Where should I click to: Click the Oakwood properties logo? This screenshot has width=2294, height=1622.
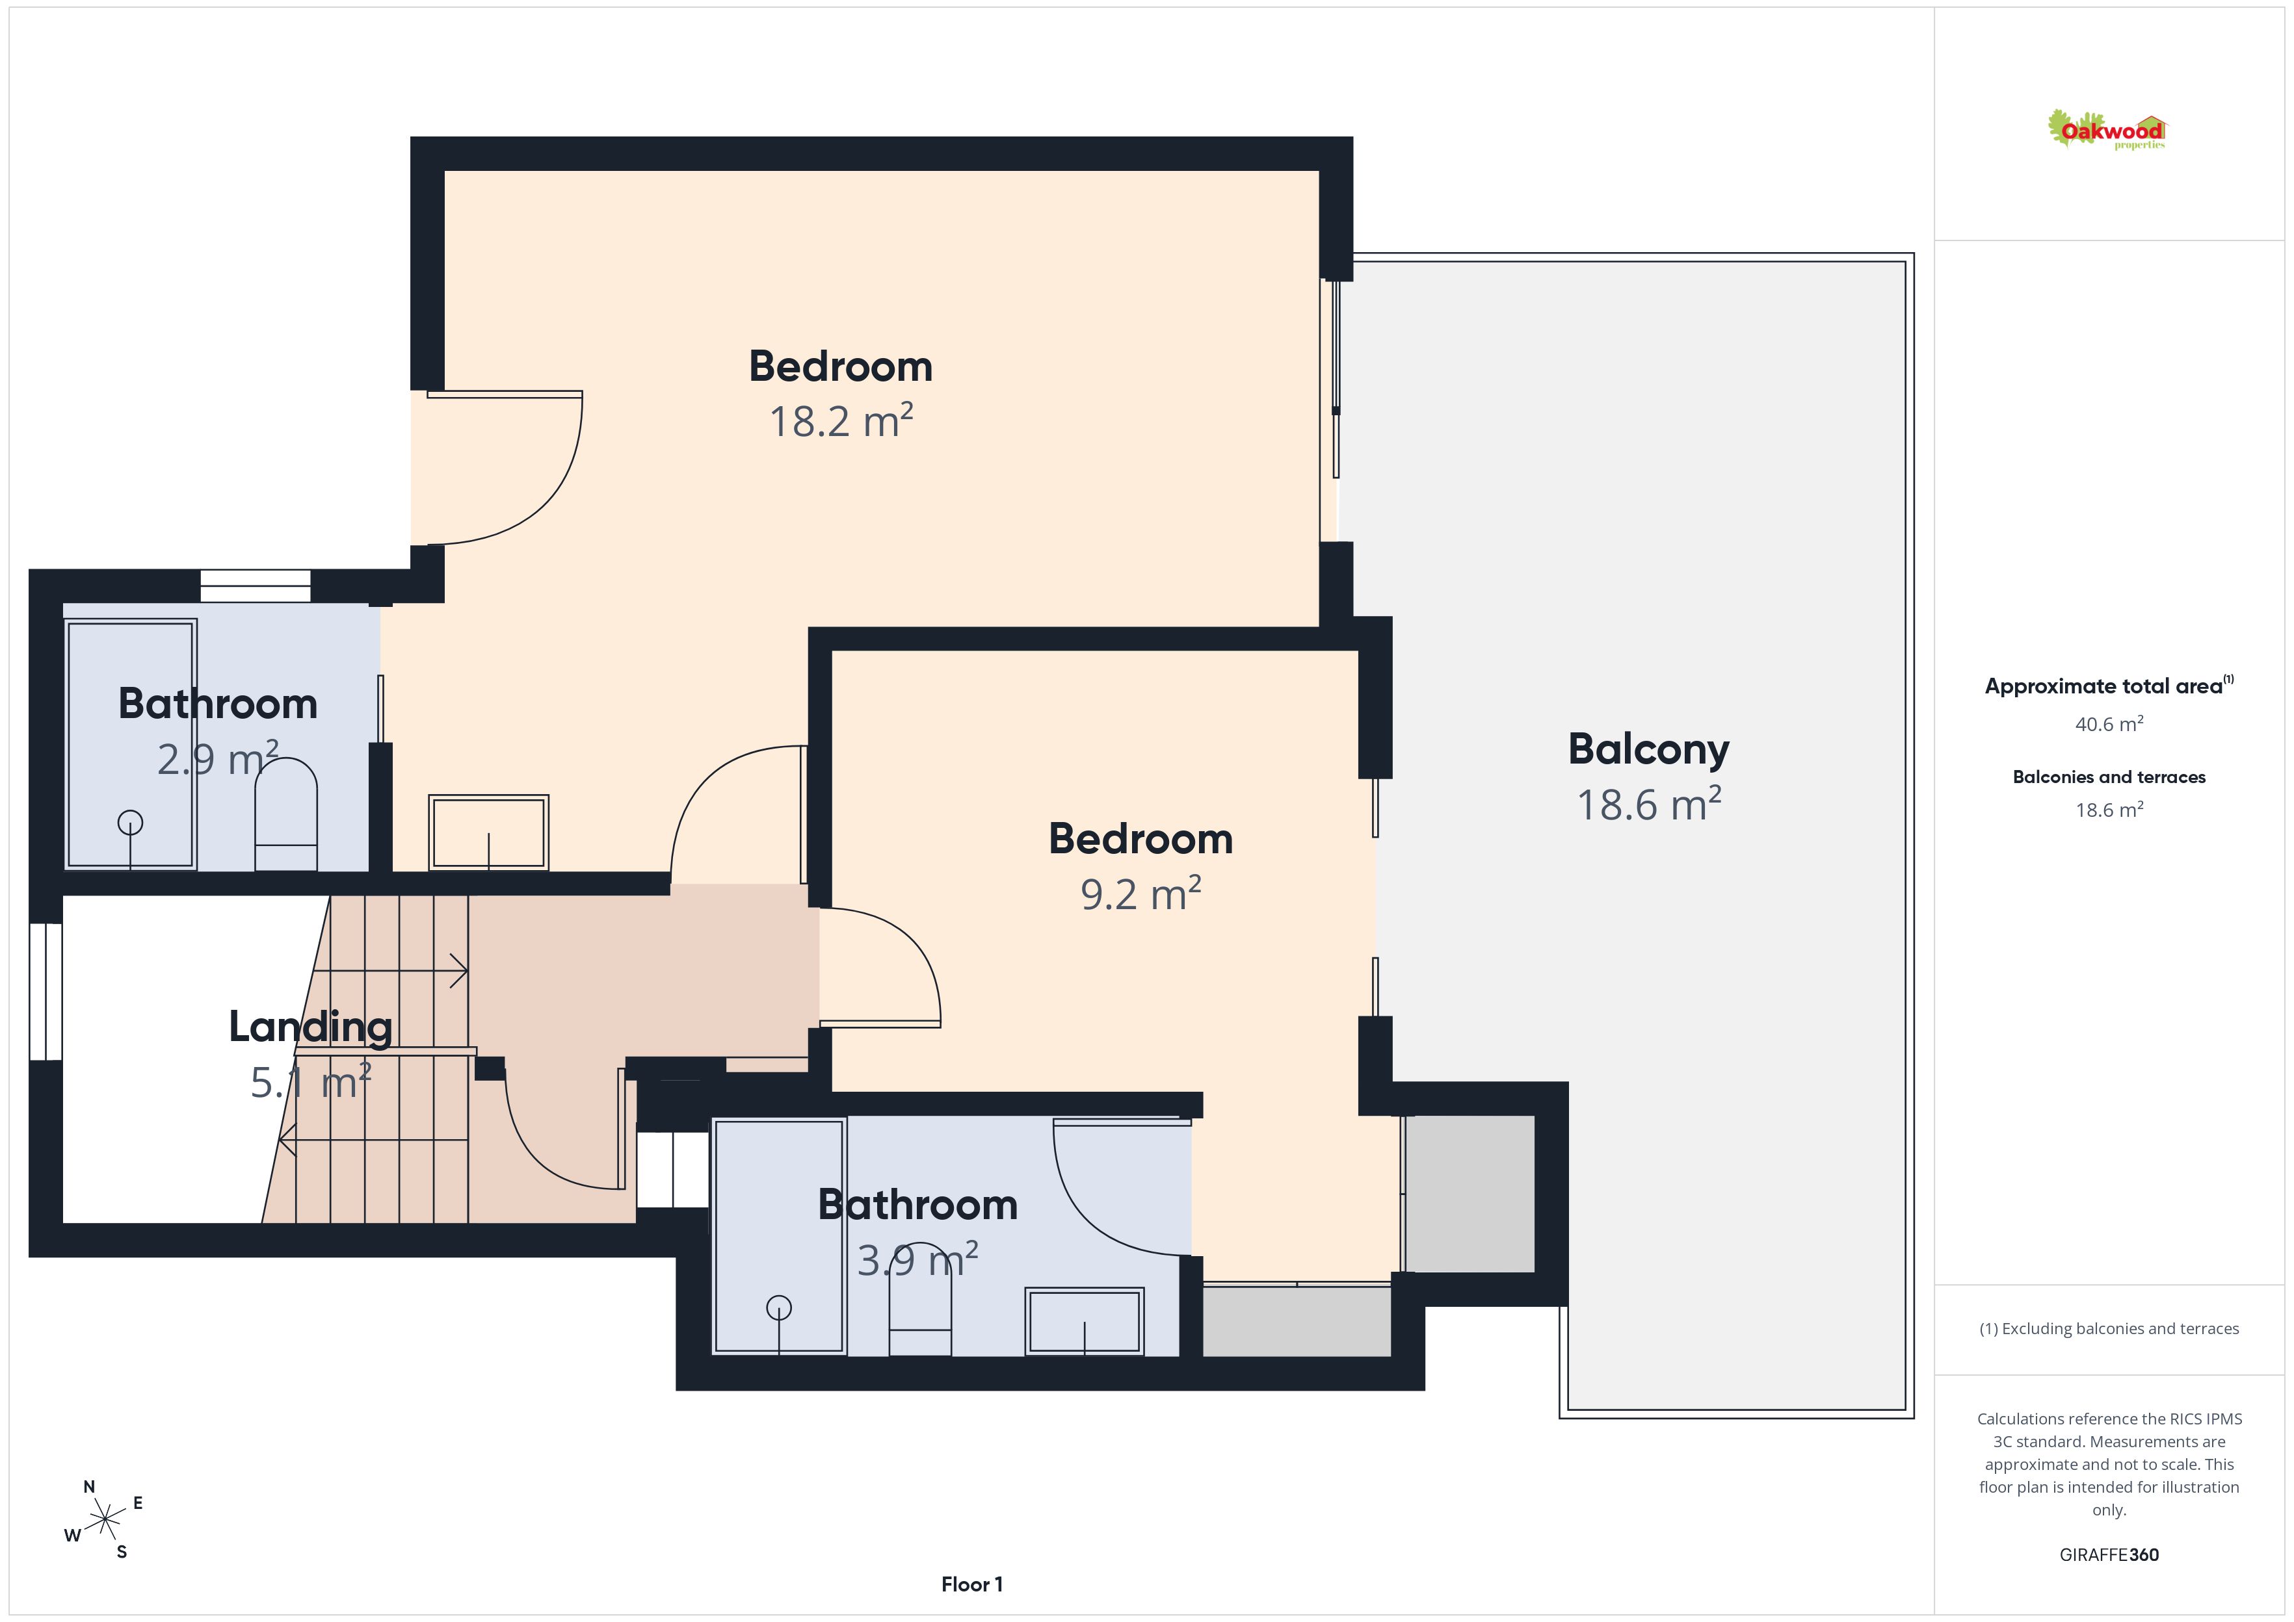2106,131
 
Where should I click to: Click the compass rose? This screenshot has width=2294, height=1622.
104,1520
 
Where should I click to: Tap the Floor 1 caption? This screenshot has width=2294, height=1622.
971,1584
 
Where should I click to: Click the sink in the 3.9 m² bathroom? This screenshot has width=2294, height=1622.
1084,1321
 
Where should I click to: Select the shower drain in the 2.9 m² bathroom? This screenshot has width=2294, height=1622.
130,822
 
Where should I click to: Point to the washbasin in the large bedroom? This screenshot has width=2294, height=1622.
488,832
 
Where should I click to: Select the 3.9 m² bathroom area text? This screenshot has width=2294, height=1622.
917,1261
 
